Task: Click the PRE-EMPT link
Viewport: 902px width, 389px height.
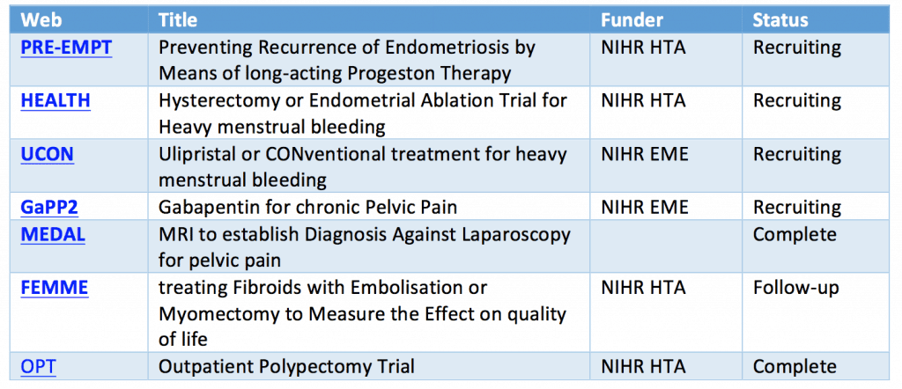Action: click(66, 48)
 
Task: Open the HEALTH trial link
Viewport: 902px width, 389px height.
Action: click(55, 100)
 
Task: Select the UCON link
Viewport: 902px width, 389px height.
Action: click(48, 155)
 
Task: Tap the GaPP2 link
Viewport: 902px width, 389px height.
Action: click(49, 207)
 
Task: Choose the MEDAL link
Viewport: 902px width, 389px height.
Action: click(53, 234)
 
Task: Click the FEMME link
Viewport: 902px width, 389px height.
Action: click(55, 287)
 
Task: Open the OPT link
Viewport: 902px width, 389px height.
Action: click(38, 366)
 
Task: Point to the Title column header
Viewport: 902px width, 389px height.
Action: click(178, 20)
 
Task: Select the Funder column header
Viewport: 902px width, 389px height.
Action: click(632, 20)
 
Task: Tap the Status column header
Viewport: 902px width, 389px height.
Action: click(780, 20)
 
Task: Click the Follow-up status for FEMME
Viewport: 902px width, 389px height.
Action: click(796, 288)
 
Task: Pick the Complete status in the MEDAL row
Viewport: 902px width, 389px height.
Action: click(795, 235)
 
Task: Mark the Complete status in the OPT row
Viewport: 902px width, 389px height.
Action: click(795, 367)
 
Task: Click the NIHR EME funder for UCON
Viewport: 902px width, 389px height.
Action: click(644, 155)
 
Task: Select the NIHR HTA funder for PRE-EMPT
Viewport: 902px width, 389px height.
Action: click(644, 48)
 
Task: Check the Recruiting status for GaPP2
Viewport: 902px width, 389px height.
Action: click(797, 208)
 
